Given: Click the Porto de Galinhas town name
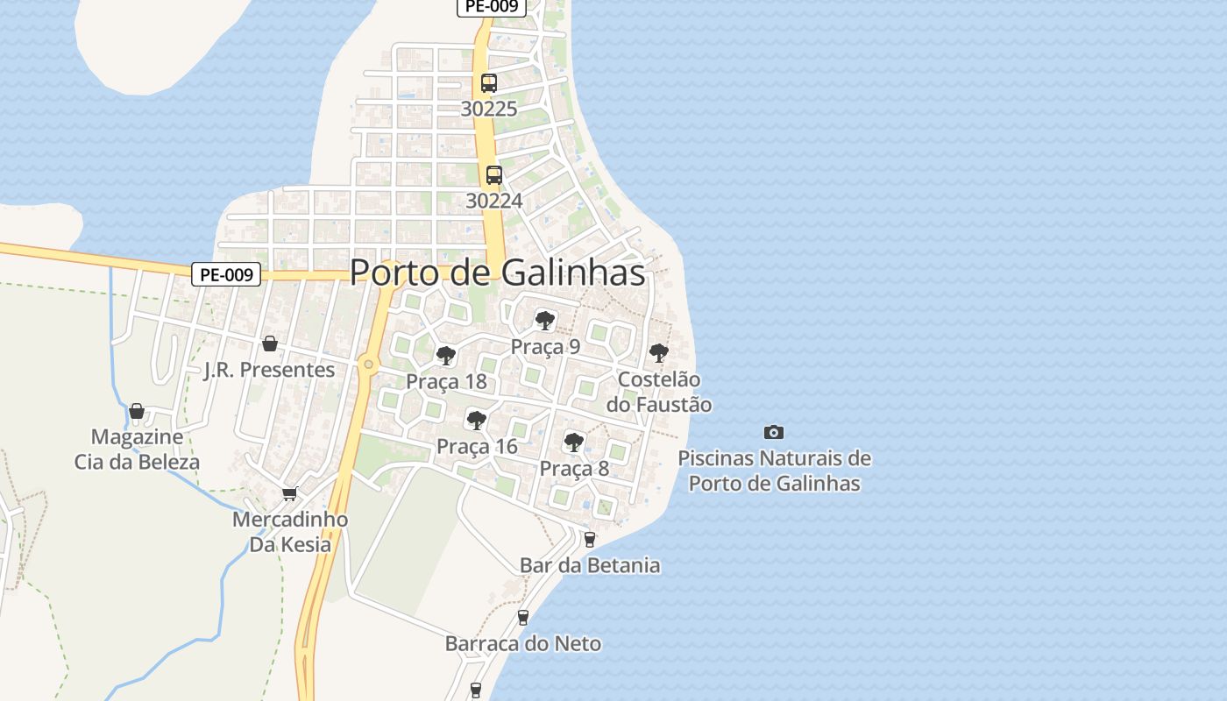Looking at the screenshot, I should [497, 273].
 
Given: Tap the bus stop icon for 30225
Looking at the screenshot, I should [489, 83].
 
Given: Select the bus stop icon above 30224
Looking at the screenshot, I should [494, 174].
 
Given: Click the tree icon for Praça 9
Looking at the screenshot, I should [545, 320].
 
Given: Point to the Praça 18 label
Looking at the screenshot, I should [446, 381].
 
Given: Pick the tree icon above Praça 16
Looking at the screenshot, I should [477, 421].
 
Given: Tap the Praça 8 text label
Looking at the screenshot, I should [574, 468].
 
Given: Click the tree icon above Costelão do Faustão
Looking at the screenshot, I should [658, 353].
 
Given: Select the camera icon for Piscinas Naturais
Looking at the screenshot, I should [774, 432].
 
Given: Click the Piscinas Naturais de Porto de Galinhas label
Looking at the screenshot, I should [775, 471].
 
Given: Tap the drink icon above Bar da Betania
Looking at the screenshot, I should [590, 539].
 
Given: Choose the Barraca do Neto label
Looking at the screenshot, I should [523, 643].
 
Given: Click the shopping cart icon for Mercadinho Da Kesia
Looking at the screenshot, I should [290, 493].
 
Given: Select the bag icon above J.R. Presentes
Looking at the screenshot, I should [270, 343].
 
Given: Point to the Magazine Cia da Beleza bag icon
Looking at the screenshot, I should [137, 411].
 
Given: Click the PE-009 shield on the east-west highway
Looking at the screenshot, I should [227, 274].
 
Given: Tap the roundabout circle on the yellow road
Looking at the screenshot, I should [369, 364].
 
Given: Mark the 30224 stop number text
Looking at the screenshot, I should [493, 201].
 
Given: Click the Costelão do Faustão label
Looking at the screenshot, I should [659, 392].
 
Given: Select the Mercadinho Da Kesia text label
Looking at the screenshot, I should [290, 532].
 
